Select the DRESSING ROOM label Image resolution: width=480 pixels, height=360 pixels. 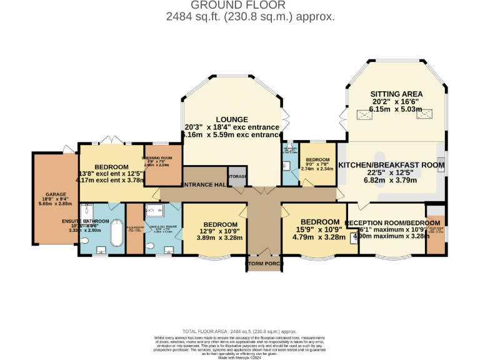tap(162, 158)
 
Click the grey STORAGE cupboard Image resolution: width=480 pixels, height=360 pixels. tap(237, 177)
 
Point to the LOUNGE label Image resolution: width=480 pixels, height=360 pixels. tap(232, 119)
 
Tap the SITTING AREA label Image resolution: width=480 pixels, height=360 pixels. tap(396, 94)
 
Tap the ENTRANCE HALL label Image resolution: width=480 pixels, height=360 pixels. tap(204, 184)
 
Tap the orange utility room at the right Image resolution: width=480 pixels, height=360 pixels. tap(436, 234)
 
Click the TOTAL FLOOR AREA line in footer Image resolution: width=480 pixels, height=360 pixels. tap(239, 331)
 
